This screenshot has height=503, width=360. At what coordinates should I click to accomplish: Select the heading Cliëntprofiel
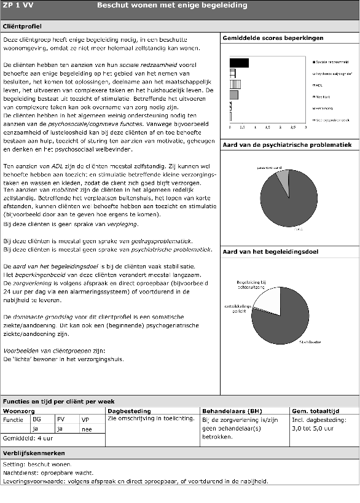[23, 27]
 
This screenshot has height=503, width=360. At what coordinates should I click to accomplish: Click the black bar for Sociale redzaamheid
[239, 63]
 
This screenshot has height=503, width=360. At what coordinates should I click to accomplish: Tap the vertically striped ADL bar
[235, 84]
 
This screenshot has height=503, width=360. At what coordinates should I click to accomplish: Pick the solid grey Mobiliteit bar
[233, 95]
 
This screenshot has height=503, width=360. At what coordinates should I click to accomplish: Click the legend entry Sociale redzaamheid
[333, 63]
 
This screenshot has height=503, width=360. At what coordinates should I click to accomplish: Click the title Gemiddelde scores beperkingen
[273, 38]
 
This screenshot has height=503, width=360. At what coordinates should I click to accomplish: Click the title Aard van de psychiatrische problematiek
[287, 145]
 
